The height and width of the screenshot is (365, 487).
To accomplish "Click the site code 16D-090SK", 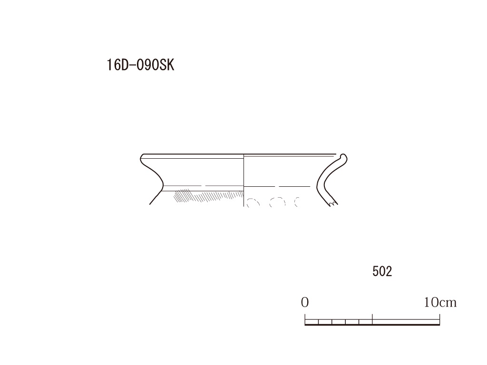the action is (140, 65).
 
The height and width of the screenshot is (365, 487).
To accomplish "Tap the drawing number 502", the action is (382, 271).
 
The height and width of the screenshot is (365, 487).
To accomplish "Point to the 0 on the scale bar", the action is (305, 302).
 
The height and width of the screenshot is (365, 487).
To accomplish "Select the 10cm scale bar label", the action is (440, 302).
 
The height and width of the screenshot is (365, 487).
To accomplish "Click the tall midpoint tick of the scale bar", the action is (372, 319).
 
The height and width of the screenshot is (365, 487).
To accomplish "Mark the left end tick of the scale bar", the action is (305, 319).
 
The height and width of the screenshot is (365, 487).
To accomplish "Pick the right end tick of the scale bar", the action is (439, 319).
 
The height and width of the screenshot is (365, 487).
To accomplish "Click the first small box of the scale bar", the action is (312, 322).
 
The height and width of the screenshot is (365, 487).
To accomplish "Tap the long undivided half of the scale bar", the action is (406, 322).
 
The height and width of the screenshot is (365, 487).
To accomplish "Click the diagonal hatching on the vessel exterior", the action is (208, 196).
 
